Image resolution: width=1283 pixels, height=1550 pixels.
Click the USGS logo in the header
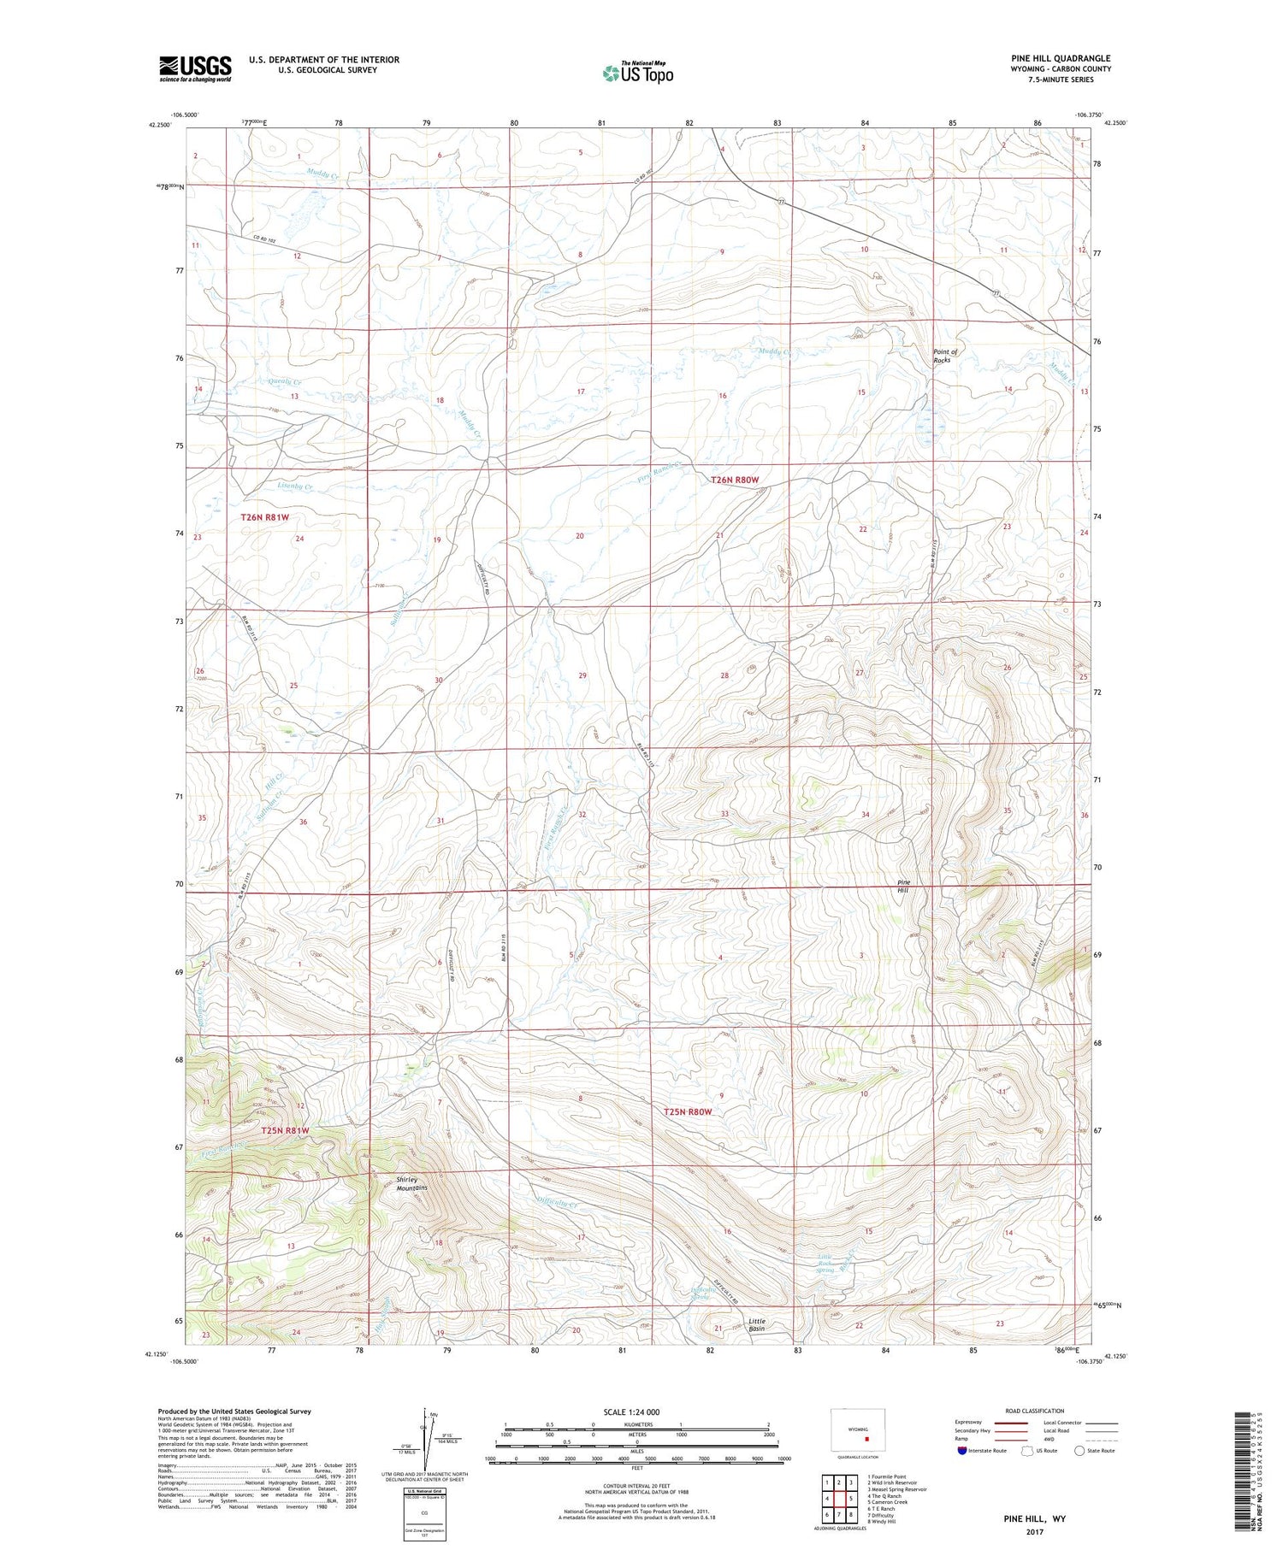click(195, 68)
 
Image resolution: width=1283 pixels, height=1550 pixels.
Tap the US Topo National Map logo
click(637, 73)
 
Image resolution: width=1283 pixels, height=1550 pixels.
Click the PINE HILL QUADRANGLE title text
click(1060, 58)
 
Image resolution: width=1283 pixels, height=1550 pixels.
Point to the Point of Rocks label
click(944, 356)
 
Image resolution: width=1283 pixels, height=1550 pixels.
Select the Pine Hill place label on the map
click(903, 886)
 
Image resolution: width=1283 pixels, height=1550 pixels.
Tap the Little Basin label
click(757, 1325)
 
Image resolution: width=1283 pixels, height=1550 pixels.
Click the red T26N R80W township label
click(735, 480)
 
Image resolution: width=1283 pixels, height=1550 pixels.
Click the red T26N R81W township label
click(264, 517)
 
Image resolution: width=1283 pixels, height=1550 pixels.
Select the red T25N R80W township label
click(688, 1112)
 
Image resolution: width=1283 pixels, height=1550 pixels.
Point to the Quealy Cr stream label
click(284, 382)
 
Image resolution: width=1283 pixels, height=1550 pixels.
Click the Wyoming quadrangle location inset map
click(858, 1430)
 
